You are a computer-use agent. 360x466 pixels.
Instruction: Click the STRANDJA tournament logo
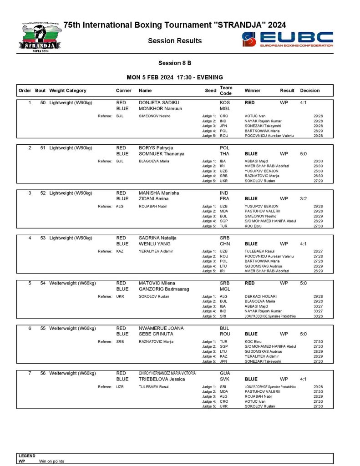click(x=40, y=37)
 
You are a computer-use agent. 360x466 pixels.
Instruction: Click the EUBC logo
click(x=288, y=40)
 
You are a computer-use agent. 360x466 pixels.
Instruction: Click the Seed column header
click(x=210, y=91)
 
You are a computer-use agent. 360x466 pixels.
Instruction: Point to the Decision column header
click(x=310, y=91)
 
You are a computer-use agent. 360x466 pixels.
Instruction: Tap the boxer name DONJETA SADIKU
click(x=159, y=102)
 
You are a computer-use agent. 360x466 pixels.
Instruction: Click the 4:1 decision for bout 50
click(x=304, y=102)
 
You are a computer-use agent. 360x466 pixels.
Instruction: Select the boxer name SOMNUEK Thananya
click(x=162, y=154)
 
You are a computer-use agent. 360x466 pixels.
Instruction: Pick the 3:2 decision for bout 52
click(x=304, y=198)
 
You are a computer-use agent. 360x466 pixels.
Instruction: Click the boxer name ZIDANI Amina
click(x=153, y=198)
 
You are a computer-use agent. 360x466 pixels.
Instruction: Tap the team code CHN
click(x=225, y=243)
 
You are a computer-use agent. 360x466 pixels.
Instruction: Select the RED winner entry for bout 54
click(x=250, y=283)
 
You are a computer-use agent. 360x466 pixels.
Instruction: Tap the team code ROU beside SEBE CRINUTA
click(x=225, y=334)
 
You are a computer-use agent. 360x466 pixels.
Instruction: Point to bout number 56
click(x=43, y=373)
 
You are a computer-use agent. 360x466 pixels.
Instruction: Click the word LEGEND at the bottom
click(x=27, y=456)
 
